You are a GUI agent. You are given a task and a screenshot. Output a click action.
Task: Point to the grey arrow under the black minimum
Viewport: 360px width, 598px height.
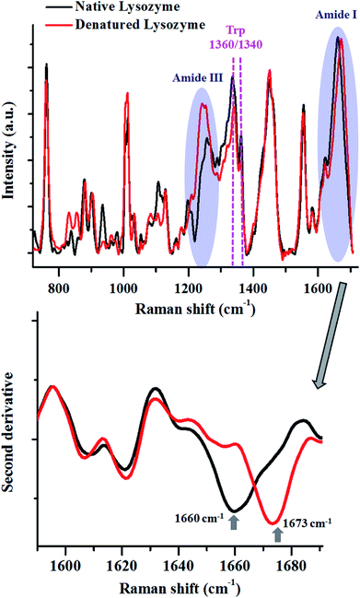click(x=233, y=522)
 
